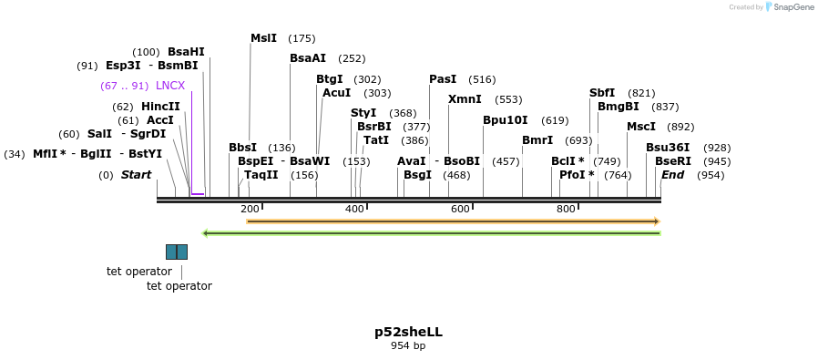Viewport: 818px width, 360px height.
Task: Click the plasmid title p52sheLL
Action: [408, 333]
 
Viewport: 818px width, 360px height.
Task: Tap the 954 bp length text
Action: [408, 346]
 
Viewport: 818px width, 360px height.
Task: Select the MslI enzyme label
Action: [263, 38]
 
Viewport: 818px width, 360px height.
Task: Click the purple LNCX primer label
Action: [170, 86]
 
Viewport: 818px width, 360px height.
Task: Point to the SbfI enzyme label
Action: [602, 93]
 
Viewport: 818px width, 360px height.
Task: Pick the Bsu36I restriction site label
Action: [668, 148]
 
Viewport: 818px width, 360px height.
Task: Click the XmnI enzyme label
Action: [465, 99]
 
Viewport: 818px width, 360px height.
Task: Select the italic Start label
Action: [136, 175]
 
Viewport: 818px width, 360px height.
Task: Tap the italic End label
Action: [672, 175]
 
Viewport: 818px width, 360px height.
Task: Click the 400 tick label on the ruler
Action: [354, 210]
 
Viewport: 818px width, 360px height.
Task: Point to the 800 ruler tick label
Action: [566, 210]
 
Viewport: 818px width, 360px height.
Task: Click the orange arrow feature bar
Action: [453, 221]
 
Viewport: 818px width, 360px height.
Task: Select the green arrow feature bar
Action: [431, 233]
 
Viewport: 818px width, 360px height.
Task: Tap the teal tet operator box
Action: [177, 252]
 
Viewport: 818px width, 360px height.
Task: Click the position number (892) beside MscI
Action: [680, 128]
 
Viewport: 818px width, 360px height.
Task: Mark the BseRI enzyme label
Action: [672, 161]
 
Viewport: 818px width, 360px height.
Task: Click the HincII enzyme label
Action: [160, 107]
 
